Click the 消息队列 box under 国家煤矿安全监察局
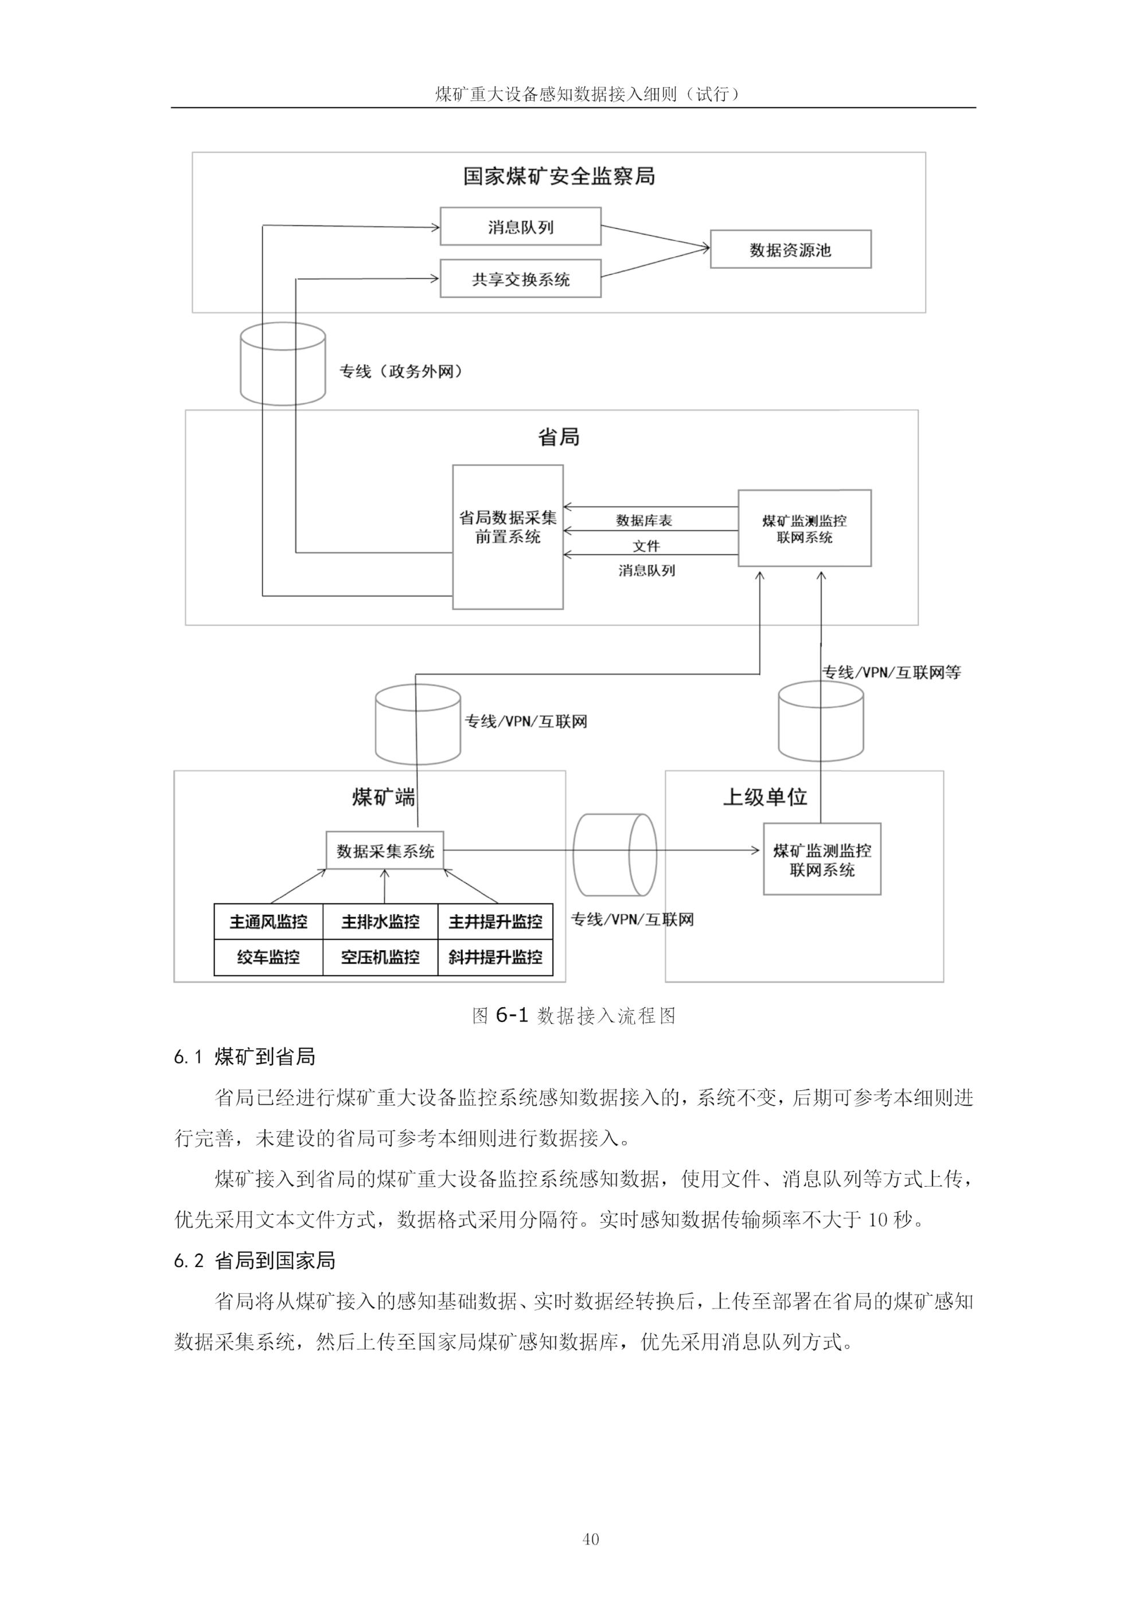[x=521, y=227]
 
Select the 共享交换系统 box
[x=521, y=279]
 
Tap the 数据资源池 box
[x=790, y=249]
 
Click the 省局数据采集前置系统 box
[x=508, y=537]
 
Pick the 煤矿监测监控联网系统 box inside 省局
[x=805, y=528]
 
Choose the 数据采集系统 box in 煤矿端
[x=385, y=851]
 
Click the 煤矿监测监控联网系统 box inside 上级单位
[x=822, y=860]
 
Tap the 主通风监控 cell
[x=268, y=922]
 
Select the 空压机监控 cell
[x=380, y=957]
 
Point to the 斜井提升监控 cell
[x=495, y=957]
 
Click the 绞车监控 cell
[x=268, y=957]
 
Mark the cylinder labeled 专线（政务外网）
[x=283, y=366]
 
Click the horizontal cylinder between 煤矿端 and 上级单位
[x=614, y=854]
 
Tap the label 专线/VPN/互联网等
[x=891, y=673]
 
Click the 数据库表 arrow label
[x=643, y=521]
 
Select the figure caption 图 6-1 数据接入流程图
[x=573, y=1016]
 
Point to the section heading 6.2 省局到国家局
[x=254, y=1260]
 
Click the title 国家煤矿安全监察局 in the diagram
[x=559, y=176]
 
